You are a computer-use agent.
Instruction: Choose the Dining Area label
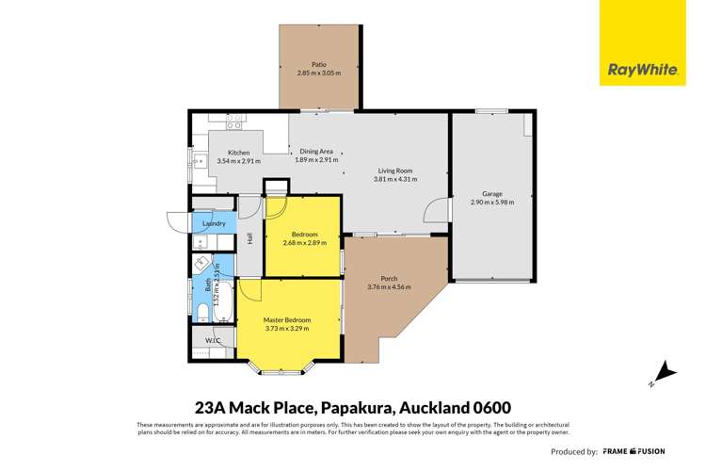point(316,152)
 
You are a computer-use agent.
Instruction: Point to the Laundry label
point(214,223)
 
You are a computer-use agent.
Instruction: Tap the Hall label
point(250,239)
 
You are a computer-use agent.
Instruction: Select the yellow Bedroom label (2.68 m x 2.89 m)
point(304,234)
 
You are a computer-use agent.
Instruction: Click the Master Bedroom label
point(287,320)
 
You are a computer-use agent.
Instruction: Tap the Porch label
point(389,278)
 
